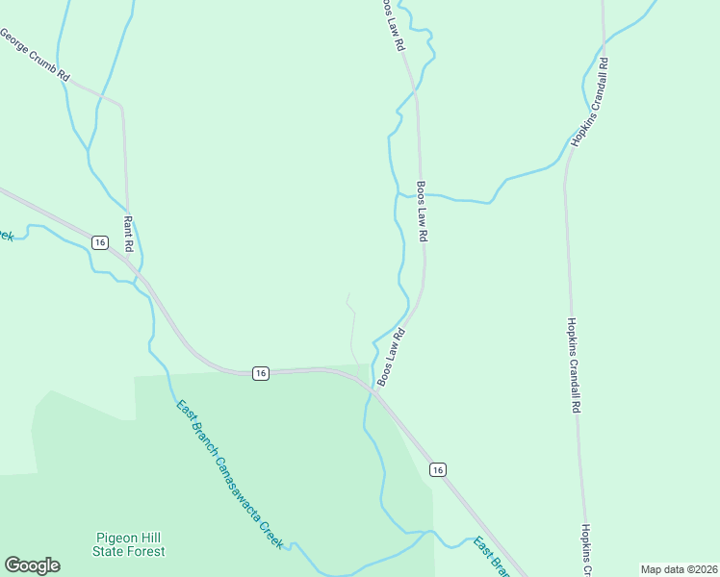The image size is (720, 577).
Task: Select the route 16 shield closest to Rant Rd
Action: click(x=99, y=242)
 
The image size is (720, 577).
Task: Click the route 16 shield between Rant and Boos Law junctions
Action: click(x=259, y=373)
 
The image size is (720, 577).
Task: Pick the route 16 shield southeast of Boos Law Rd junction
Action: click(x=438, y=469)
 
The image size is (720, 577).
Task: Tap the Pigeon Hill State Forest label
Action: click(x=129, y=544)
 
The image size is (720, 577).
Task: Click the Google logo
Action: click(x=32, y=565)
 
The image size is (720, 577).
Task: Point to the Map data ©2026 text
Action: click(x=679, y=569)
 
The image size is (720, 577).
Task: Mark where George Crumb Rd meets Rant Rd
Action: click(x=121, y=104)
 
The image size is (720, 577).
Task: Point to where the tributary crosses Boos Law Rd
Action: click(x=421, y=195)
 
